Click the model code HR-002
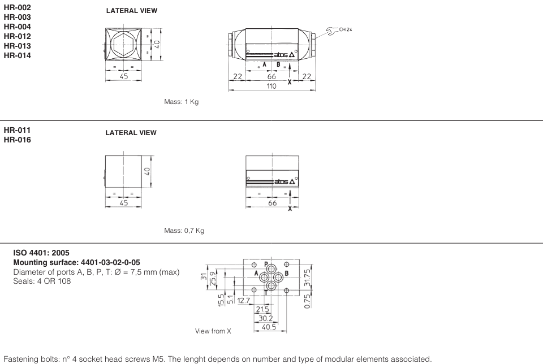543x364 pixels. (x=18, y=7)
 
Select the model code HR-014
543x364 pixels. (x=18, y=55)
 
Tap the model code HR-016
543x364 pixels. (x=18, y=140)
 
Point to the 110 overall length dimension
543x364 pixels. (x=271, y=86)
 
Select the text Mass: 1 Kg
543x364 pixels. (x=181, y=102)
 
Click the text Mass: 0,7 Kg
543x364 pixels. (x=184, y=231)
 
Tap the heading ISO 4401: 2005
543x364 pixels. (x=41, y=253)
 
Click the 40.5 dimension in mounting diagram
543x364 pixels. (x=269, y=326)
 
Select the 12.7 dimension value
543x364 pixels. (x=244, y=301)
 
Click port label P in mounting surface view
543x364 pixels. (x=266, y=264)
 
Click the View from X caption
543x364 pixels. (x=213, y=331)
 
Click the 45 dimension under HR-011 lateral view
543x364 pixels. (x=123, y=203)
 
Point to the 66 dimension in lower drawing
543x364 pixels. (x=272, y=203)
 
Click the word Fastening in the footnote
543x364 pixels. (x=20, y=359)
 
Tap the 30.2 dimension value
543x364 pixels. (x=265, y=318)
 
